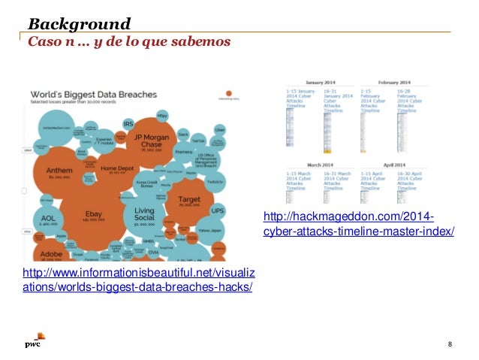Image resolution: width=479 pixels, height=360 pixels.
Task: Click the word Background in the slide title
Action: [x=80, y=23]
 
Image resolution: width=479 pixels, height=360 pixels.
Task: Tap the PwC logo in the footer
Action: [x=32, y=343]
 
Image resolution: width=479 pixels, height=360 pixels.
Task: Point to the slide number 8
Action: [x=449, y=343]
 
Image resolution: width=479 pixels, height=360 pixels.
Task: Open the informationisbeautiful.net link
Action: [x=138, y=280]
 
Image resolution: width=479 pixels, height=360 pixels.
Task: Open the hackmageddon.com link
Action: [x=359, y=224]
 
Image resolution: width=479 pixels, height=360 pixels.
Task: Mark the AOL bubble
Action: [x=45, y=219]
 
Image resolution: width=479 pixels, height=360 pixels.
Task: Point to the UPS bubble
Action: [x=217, y=211]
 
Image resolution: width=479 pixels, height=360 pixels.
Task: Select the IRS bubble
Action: [x=128, y=123]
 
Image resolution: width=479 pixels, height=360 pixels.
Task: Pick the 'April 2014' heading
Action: [x=394, y=164]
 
